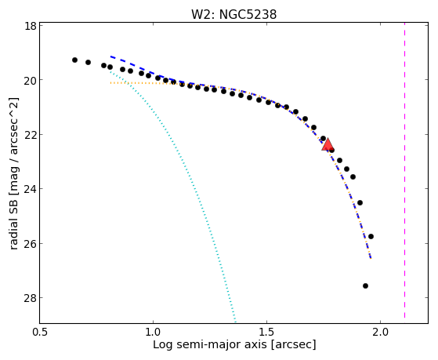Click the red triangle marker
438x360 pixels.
coord(328,144)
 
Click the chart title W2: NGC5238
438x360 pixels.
coord(233,14)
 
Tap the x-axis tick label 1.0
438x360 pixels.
coord(153,332)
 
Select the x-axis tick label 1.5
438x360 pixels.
coord(266,332)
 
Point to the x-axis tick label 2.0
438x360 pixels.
coord(381,332)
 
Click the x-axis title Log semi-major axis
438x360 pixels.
coord(210,344)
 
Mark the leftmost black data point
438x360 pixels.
coord(74,60)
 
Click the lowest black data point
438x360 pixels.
coord(365,285)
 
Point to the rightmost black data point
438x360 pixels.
coord(371,236)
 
